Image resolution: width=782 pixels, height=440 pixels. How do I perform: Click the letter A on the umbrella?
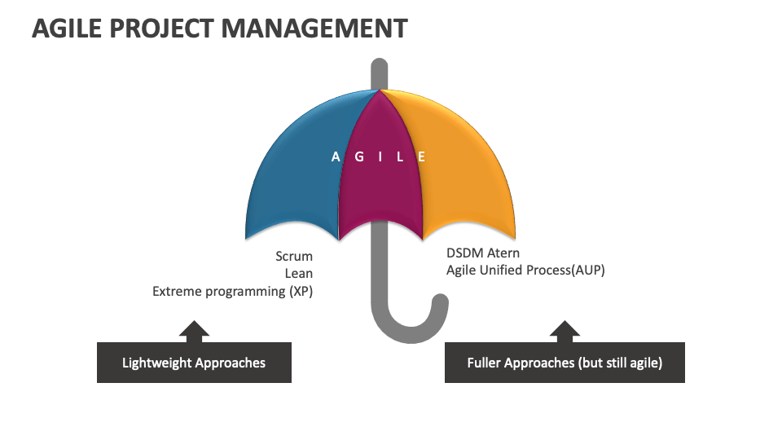(336, 157)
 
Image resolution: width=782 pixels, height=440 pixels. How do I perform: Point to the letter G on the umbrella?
(359, 157)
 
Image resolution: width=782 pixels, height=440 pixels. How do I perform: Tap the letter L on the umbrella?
(399, 157)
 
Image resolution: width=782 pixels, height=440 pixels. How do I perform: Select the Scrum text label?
(293, 257)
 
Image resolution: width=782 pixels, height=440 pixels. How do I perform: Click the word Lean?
(298, 274)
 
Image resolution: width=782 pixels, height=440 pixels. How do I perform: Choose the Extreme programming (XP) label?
(232, 291)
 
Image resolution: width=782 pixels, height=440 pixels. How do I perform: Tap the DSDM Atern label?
(482, 253)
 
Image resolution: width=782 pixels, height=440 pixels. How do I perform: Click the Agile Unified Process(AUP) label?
(525, 271)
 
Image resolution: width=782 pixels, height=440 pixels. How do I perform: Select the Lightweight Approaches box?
(194, 363)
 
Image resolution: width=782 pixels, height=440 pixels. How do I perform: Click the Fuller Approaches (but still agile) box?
(565, 363)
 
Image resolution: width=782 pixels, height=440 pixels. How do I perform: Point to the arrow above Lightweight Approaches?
(194, 330)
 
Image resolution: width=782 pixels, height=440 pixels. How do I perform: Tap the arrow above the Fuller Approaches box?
(565, 330)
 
